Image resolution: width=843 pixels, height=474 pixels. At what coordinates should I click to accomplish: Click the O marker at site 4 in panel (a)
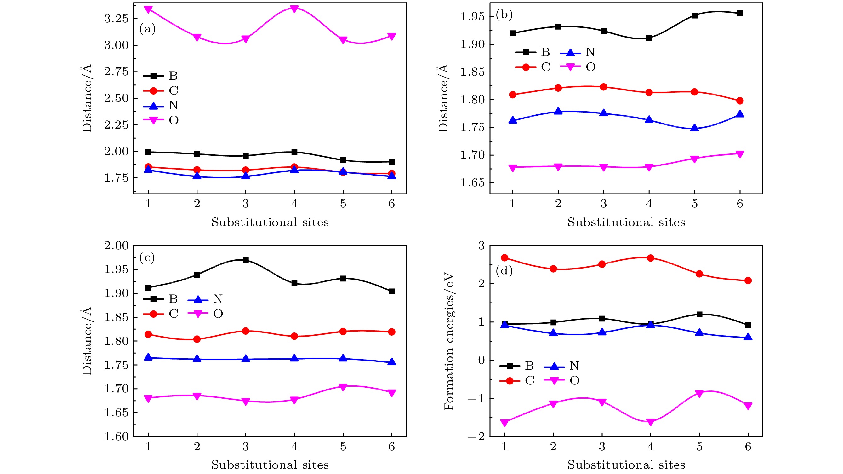[x=294, y=9]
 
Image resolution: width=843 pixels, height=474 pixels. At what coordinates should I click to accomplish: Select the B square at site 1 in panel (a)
[x=148, y=152]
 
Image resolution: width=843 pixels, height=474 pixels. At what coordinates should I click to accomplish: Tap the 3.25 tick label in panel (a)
[x=116, y=19]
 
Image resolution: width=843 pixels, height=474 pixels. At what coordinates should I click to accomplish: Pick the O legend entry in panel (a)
[x=160, y=120]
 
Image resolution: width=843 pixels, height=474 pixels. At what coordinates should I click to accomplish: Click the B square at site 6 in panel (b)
[x=740, y=14]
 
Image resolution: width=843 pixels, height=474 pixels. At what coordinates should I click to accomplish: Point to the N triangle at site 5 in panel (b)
[x=694, y=128]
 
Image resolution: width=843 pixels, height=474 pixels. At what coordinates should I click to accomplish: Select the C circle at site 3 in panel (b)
[x=604, y=87]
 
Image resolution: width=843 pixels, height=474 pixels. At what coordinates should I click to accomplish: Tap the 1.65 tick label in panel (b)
[x=472, y=183]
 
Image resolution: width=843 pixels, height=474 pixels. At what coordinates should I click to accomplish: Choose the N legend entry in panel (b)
[x=577, y=52]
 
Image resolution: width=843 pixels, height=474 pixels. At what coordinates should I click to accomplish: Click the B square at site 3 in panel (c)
[x=246, y=260]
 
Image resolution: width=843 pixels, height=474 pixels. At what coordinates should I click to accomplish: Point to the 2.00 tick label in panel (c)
[x=116, y=246]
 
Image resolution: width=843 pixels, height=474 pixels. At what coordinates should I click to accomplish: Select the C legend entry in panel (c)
[x=160, y=314]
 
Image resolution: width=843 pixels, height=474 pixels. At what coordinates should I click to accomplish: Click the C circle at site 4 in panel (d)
[x=651, y=258]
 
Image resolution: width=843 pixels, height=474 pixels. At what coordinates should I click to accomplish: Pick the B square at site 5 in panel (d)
[x=699, y=315]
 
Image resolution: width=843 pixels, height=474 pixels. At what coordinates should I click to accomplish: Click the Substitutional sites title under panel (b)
[x=626, y=222]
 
